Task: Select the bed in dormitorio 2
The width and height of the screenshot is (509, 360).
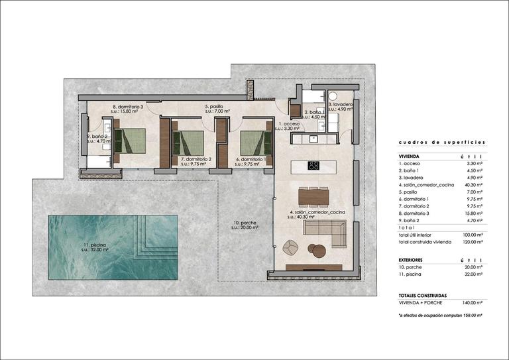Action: click(x=189, y=142)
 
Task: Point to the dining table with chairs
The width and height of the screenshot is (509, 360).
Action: click(x=313, y=197)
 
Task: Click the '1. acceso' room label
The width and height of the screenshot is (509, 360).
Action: click(x=289, y=124)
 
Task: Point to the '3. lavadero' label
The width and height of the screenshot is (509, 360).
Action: click(x=343, y=105)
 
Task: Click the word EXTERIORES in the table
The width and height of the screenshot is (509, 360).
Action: click(x=413, y=260)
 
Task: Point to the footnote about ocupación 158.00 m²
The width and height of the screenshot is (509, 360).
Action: click(x=440, y=316)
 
